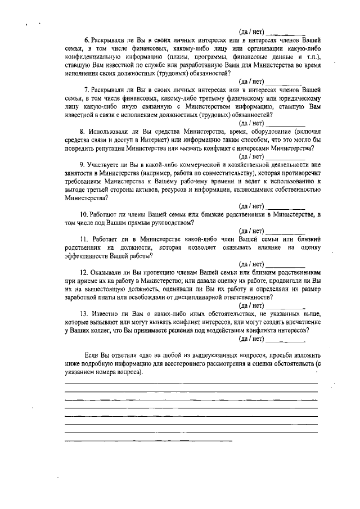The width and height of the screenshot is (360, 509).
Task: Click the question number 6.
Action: pyautogui.click(x=86, y=41)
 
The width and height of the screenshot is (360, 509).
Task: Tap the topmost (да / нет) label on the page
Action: pyautogui.click(x=251, y=32)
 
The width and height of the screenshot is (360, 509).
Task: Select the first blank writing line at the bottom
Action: pyautogui.click(x=191, y=383)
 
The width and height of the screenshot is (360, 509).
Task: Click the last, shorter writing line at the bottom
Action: pyautogui.click(x=148, y=440)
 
